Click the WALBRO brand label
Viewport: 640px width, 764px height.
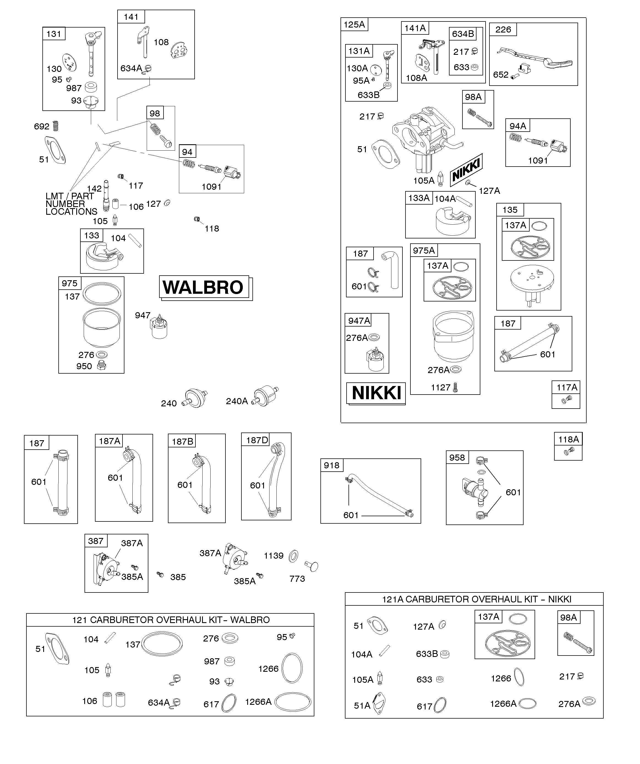[x=203, y=287]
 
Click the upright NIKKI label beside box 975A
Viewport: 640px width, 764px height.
[x=376, y=393]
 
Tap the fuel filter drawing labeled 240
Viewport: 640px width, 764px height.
[x=195, y=398]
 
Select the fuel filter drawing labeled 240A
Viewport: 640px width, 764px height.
[x=266, y=396]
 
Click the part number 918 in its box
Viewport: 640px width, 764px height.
[x=331, y=465]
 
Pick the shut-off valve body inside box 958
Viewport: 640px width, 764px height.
[x=473, y=490]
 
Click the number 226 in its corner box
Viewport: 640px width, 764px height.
[x=503, y=29]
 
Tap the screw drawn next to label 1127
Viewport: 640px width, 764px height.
[x=455, y=387]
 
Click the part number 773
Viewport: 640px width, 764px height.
[x=297, y=579]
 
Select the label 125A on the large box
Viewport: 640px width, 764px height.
[x=354, y=25]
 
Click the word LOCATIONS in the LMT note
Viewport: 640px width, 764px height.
[x=71, y=212]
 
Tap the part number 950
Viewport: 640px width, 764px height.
[x=84, y=366]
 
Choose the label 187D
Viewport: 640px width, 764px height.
[x=257, y=440]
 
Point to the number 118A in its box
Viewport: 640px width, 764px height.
[x=568, y=439]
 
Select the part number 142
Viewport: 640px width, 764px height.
[x=94, y=188]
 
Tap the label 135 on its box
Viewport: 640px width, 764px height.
[x=510, y=210]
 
